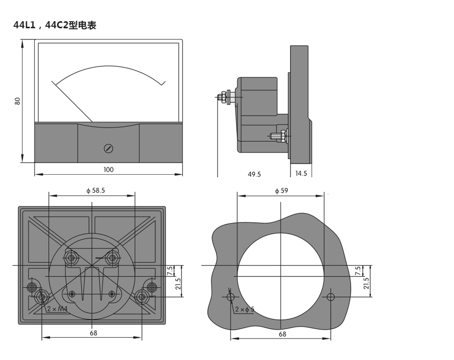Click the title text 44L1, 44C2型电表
tap(54, 25)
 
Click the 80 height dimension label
tap(18, 100)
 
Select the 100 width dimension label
tap(108, 170)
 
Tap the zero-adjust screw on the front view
tap(108, 148)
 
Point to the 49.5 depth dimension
tap(254, 174)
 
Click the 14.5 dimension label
tap(301, 173)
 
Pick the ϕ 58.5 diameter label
tap(95, 190)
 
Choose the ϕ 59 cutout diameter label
tap(281, 190)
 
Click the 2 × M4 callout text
tap(57, 308)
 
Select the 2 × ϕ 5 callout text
tap(245, 309)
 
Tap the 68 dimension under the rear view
tap(93, 333)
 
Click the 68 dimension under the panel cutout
tap(282, 334)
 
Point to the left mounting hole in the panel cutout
tap(231, 296)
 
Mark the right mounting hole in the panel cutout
tap(330, 296)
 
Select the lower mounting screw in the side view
tap(278, 136)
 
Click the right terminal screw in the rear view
tap(113, 259)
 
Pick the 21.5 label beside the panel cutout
tap(366, 283)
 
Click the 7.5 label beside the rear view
tap(170, 271)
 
